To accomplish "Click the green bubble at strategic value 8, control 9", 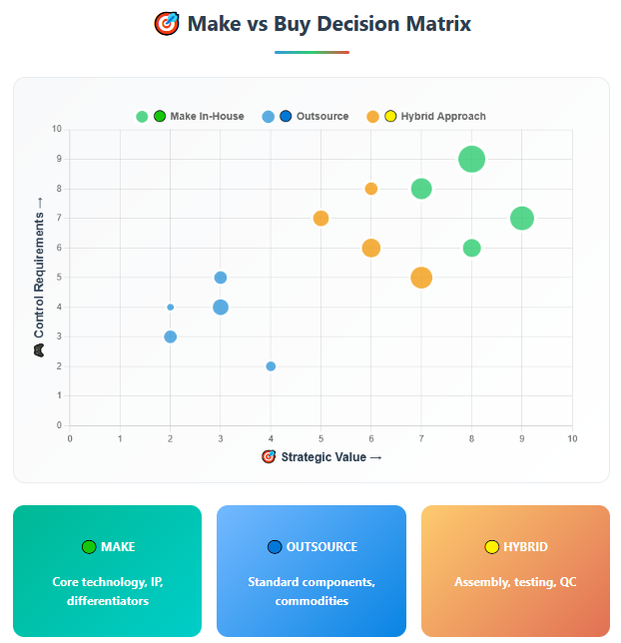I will [x=472, y=159].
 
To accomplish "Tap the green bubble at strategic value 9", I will [x=522, y=218].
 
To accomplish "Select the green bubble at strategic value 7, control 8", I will [x=421, y=189].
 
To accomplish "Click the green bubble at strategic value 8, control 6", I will [x=472, y=248].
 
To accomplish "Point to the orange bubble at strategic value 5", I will [x=320, y=219].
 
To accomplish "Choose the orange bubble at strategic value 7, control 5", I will [x=421, y=278].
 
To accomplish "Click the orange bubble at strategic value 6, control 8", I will [x=371, y=189].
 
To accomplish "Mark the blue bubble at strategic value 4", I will [x=271, y=366].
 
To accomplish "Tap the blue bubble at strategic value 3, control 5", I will [x=221, y=278].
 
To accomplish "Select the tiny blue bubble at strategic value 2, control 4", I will [x=171, y=308].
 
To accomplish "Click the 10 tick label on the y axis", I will [x=57, y=130].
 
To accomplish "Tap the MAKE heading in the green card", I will [x=118, y=547].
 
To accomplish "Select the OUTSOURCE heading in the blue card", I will [x=321, y=547].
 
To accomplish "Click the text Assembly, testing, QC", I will [x=515, y=582].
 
